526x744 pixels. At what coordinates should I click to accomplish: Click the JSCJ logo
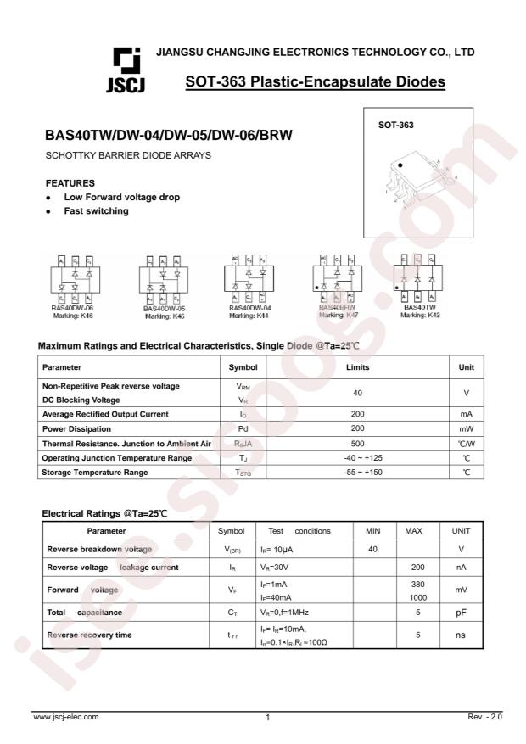click(123, 69)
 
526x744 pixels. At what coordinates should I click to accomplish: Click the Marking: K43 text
click(421, 315)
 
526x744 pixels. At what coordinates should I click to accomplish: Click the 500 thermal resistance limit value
click(357, 443)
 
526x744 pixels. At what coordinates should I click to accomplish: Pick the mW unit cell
click(466, 428)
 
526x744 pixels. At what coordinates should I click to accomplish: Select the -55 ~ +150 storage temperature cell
click(357, 472)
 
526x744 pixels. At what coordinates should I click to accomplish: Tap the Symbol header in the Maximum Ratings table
click(243, 367)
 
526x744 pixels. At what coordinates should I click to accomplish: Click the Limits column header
click(357, 367)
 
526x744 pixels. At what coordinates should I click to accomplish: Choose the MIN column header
click(373, 531)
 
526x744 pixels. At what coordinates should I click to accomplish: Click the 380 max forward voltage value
click(417, 584)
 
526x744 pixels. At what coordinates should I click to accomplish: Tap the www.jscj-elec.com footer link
click(65, 717)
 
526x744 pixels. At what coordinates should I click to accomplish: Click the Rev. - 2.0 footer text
click(484, 717)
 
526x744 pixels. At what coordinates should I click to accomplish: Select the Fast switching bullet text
click(97, 211)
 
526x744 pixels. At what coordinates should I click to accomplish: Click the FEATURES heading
click(70, 182)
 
